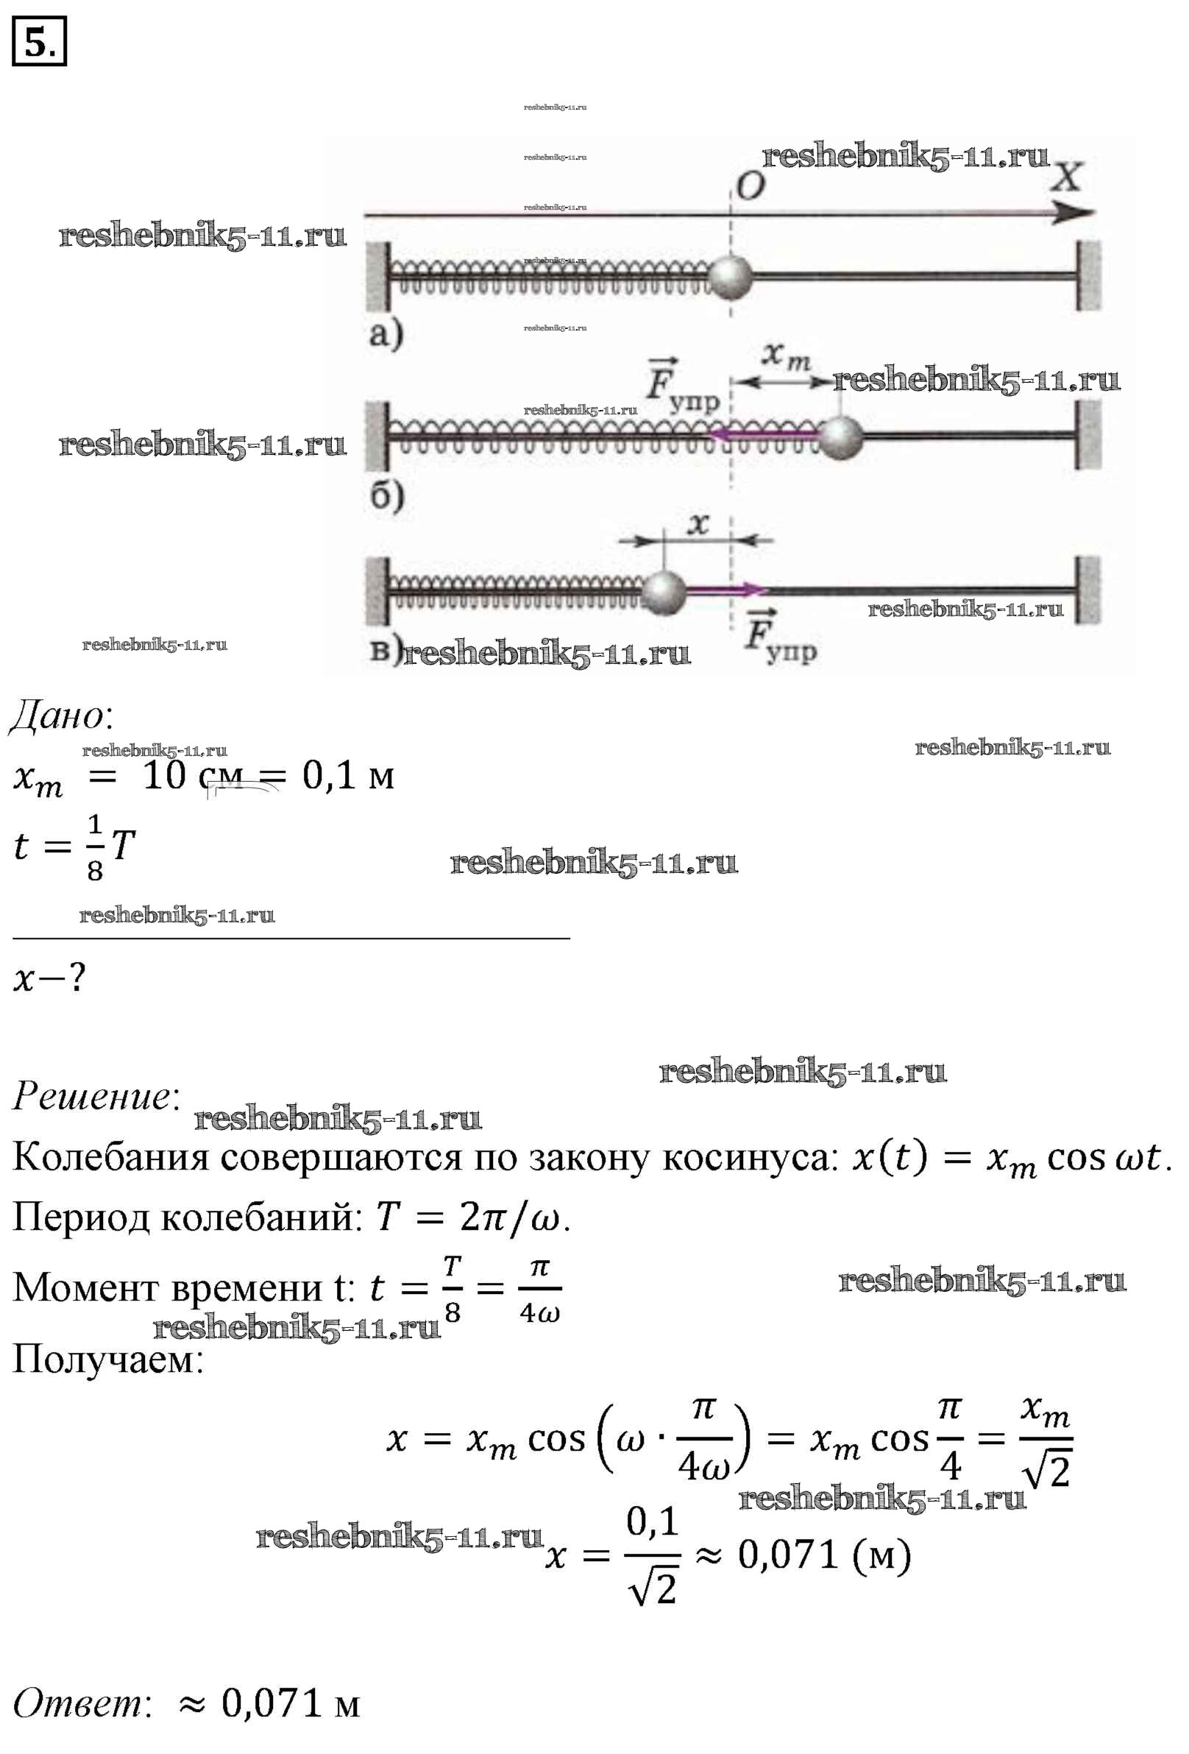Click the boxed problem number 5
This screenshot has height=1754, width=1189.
tap(39, 41)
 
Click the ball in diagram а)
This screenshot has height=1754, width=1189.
tap(731, 277)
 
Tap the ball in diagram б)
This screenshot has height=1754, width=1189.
tap(840, 436)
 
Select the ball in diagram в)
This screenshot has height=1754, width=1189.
tap(663, 592)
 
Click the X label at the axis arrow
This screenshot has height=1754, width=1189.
tap(1068, 177)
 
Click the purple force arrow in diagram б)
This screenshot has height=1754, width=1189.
tap(762, 434)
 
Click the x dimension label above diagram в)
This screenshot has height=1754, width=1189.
tap(699, 523)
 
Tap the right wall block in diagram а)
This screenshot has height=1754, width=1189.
tap(1088, 276)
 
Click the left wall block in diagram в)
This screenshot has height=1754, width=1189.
tap(377, 591)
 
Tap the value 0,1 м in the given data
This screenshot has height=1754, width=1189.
tap(348, 775)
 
